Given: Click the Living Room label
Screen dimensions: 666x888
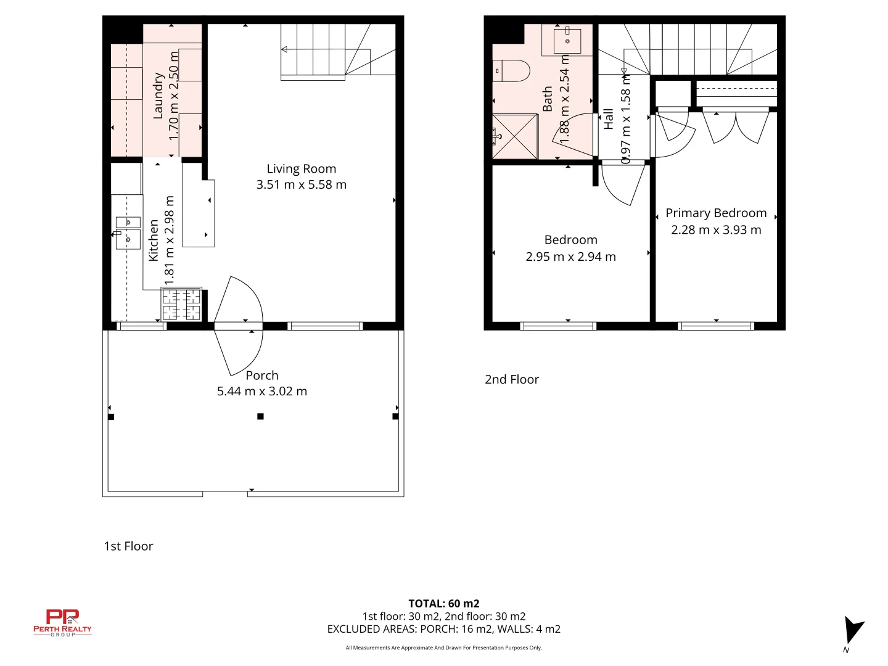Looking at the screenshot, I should pos(301,169).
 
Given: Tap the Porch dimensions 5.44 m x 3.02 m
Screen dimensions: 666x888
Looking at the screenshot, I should pos(262,391).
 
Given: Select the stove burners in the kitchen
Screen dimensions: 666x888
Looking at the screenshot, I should pos(181,305).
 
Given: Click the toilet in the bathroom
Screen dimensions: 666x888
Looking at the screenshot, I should pos(511,70).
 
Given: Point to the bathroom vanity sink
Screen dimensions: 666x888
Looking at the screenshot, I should pos(567,41).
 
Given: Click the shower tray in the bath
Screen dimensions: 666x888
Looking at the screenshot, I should pos(515,136).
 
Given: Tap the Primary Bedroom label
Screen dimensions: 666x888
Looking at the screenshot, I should pos(716,213).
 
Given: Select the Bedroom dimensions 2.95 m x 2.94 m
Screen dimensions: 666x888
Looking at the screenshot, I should pos(570,257).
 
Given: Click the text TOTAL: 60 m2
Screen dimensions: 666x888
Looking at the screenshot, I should pos(443,604).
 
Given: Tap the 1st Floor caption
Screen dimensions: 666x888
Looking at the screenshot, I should pos(128,546).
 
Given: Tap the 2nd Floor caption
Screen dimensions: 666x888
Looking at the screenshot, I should pos(511,380).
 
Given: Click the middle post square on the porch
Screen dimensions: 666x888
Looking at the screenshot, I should pos(260,417).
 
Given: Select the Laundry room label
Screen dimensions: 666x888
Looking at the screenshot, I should pos(158,96).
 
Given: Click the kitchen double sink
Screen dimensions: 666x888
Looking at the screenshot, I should pos(128,231).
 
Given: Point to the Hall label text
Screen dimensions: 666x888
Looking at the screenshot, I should pos(609,118).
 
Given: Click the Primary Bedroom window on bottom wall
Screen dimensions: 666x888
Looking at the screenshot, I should pos(715,326).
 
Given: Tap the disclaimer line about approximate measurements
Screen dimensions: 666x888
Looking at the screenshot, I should pos(443,647).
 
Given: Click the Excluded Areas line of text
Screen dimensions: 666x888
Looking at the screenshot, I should pos(443,629).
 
